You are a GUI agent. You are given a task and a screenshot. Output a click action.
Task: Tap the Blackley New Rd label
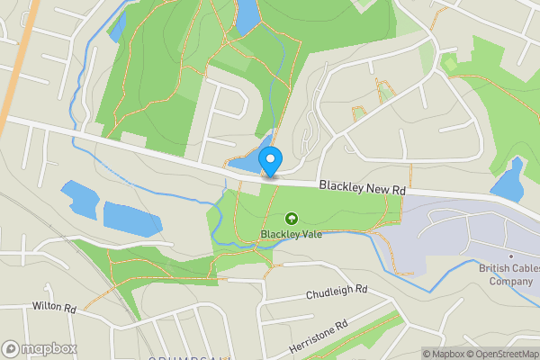click(363, 188)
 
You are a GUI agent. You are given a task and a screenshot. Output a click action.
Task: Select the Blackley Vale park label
click(292, 235)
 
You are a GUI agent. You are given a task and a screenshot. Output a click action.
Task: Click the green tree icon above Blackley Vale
click(292, 219)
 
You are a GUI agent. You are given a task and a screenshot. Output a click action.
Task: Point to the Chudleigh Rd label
click(337, 291)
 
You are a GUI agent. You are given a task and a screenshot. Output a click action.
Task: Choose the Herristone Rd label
click(318, 334)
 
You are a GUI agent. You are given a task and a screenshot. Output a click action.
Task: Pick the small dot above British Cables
click(510, 256)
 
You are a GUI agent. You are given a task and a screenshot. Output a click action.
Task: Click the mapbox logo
click(40, 348)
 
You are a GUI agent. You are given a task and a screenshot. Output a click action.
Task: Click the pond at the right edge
click(508, 179)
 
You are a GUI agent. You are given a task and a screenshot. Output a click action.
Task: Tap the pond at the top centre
click(245, 14)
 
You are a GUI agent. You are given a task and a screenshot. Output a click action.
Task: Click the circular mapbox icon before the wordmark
click(11, 348)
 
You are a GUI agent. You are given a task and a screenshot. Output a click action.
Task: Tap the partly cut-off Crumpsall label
click(188, 356)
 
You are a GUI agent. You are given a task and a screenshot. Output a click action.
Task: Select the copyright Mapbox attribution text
click(443, 354)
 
